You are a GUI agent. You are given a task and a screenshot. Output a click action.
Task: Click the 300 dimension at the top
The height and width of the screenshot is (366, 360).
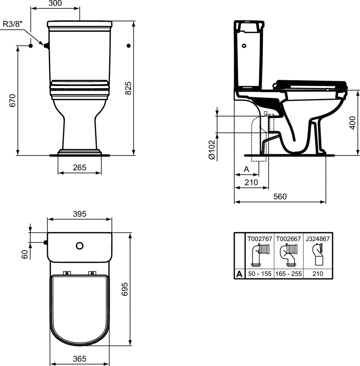pyautogui.click(x=55, y=3)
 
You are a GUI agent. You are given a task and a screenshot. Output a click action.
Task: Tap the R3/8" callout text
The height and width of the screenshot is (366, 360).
pyautogui.click(x=13, y=24)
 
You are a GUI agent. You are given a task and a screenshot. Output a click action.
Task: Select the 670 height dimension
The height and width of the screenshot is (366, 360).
pyautogui.click(x=12, y=100)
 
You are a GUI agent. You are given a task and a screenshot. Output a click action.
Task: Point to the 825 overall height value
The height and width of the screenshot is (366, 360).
pyautogui.click(x=128, y=88)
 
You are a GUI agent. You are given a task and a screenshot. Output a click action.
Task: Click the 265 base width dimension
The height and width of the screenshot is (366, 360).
pyautogui.click(x=80, y=167)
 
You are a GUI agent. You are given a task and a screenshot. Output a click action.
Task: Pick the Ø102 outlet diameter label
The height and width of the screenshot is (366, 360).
pyautogui.click(x=212, y=150)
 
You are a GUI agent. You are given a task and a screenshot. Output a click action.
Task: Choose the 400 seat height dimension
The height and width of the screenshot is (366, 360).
pyautogui.click(x=352, y=123)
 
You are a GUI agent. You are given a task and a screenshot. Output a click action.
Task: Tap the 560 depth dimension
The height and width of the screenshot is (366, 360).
pyautogui.click(x=280, y=197)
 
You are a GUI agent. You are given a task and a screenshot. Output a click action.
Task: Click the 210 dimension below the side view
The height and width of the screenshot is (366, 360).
pyautogui.click(x=251, y=182)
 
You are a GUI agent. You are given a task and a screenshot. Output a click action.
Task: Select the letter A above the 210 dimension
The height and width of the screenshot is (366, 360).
pyautogui.click(x=246, y=169)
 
